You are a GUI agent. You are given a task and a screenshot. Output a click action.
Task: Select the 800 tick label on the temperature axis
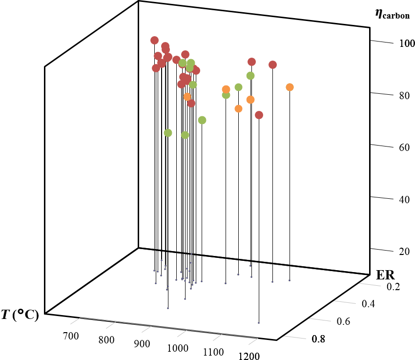pos(107,340)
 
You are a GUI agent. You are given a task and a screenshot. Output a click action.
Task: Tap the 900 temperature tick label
pos(142,344)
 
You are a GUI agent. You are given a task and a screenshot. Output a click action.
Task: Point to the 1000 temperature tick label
pos(177,348)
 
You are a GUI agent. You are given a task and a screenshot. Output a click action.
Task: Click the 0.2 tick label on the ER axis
pos(394,286)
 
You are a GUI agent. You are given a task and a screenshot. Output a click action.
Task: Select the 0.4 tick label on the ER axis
pos(369,304)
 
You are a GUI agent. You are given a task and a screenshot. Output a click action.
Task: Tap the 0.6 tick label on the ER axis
pos(344,321)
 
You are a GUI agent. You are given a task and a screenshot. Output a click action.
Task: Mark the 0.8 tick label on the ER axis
pos(320,339)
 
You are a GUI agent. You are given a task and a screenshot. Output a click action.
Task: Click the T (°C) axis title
pos(20,315)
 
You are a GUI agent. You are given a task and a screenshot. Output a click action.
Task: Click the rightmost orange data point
pos(290,87)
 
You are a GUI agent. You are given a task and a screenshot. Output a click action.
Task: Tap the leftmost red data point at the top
pos(154,40)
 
